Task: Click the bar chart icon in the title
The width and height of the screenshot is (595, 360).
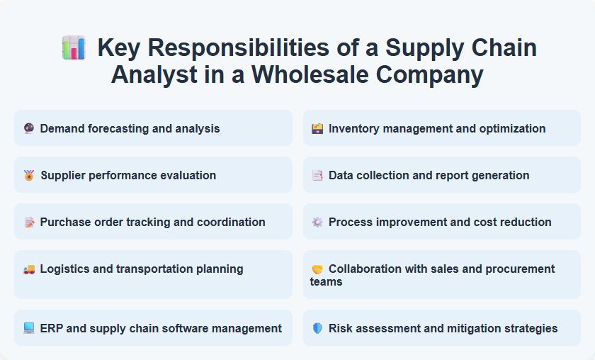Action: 74,48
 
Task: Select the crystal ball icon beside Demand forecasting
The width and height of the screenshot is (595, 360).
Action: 29,128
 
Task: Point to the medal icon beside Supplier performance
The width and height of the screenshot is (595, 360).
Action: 29,175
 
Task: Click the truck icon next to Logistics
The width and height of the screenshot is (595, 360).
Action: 29,269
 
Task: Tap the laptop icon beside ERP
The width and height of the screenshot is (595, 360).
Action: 29,328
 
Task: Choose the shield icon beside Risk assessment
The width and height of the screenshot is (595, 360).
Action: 317,328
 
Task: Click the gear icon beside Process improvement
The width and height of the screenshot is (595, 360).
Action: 317,222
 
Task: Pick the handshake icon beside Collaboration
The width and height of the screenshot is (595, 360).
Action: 317,269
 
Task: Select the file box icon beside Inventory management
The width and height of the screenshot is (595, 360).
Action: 317,128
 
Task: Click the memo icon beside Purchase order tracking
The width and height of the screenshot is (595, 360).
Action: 29,222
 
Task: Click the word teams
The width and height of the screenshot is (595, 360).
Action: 327,281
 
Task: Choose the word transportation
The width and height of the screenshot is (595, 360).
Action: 165,269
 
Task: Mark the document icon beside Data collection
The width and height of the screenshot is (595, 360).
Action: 317,175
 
